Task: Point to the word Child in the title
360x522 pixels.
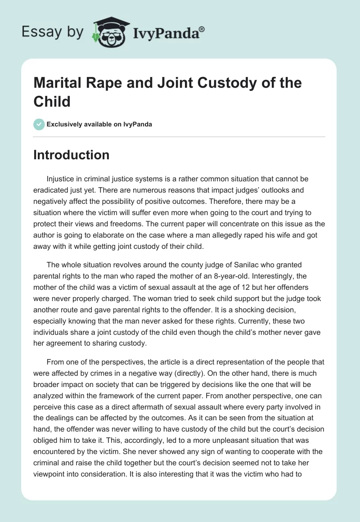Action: click(52, 102)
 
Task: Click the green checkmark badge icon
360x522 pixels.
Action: click(39, 124)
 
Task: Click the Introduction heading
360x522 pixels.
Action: click(72, 155)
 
